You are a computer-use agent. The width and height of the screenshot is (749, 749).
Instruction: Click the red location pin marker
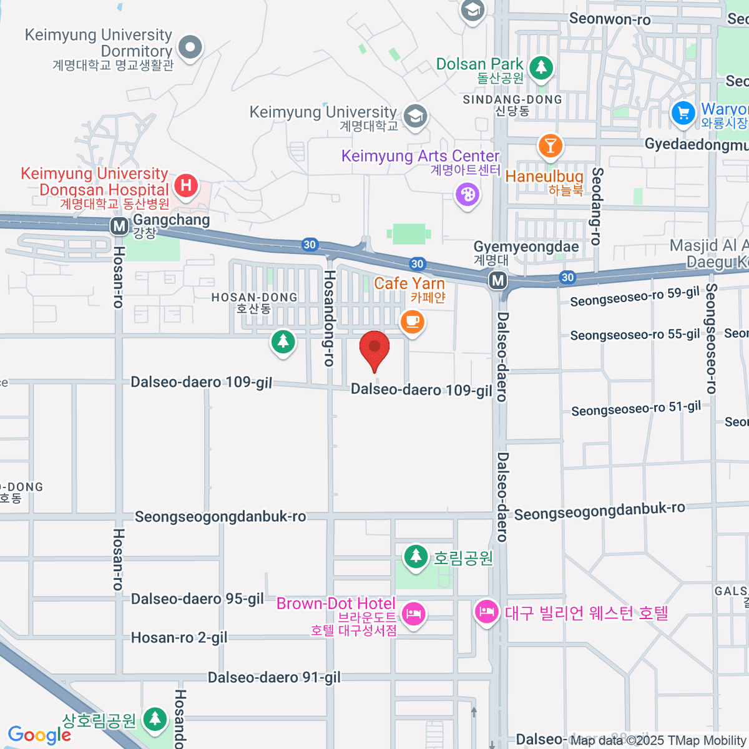click(x=374, y=348)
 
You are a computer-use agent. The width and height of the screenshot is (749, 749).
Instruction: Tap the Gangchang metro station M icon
click(x=119, y=226)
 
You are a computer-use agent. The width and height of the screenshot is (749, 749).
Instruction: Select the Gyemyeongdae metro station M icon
click(x=498, y=280)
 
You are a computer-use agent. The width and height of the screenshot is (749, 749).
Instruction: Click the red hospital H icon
click(x=185, y=185)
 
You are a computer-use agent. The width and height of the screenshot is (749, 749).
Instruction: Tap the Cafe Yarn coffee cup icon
click(x=412, y=322)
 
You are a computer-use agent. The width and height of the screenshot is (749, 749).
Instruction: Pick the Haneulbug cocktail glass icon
click(x=550, y=146)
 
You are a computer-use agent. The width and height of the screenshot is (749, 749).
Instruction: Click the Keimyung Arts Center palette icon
click(x=468, y=195)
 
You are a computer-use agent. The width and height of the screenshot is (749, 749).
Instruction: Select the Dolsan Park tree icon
click(x=541, y=67)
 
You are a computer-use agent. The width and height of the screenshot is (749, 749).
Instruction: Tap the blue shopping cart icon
click(x=683, y=114)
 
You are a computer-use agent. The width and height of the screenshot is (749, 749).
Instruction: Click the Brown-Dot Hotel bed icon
click(x=413, y=614)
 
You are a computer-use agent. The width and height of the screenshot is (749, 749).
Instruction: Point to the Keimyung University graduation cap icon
click(x=415, y=116)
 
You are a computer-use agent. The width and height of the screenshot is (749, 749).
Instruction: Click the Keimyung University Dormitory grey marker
click(x=190, y=47)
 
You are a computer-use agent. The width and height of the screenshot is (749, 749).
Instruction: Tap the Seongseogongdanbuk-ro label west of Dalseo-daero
click(x=220, y=517)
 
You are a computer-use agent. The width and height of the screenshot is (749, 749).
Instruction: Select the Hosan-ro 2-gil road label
click(x=179, y=638)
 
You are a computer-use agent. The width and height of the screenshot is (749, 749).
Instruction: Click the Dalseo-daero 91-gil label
click(x=274, y=678)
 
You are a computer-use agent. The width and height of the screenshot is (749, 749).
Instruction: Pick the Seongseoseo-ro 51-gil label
click(x=636, y=409)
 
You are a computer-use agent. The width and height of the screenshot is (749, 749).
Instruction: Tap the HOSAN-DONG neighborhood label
click(x=254, y=298)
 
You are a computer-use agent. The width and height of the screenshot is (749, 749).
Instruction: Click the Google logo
click(x=39, y=735)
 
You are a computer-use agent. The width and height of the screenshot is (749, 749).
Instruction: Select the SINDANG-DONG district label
click(x=512, y=100)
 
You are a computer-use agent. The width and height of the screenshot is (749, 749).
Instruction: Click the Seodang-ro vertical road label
click(x=597, y=206)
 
